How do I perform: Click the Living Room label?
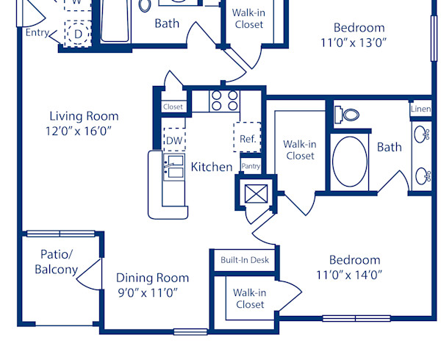[84, 116]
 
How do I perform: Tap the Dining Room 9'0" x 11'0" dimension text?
[153, 292]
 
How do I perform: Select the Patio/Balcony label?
[56, 262]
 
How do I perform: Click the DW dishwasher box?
[173, 140]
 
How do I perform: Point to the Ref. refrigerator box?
[247, 137]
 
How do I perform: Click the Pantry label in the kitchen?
[251, 166]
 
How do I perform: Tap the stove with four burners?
[224, 100]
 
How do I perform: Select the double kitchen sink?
[174, 167]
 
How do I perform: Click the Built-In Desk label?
[245, 259]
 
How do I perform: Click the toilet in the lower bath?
[348, 115]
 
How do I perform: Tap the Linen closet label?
[420, 109]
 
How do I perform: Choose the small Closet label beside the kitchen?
[173, 107]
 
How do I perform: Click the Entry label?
[38, 33]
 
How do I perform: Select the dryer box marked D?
[77, 33]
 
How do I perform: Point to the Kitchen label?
[212, 167]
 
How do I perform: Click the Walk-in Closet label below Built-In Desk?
[249, 298]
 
